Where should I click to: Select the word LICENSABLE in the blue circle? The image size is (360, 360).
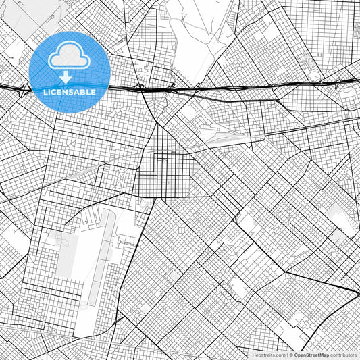pos(70,92)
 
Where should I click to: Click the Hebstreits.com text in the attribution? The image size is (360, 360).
pos(269,354)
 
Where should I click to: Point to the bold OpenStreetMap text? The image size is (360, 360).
pos(311,354)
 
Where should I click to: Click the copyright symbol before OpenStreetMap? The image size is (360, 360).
pos(290,354)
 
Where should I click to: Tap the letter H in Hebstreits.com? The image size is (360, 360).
pos(255,354)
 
